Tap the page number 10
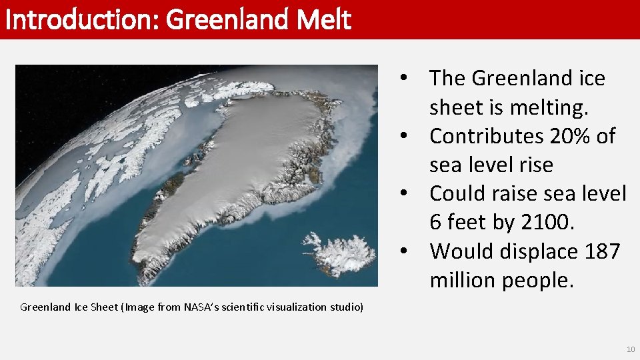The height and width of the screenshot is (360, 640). pos(631,350)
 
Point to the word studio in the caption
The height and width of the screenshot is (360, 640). pos(347,307)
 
